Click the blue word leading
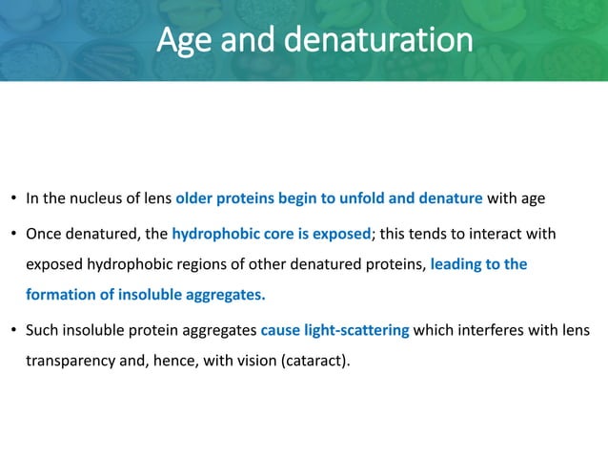[457, 264]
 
